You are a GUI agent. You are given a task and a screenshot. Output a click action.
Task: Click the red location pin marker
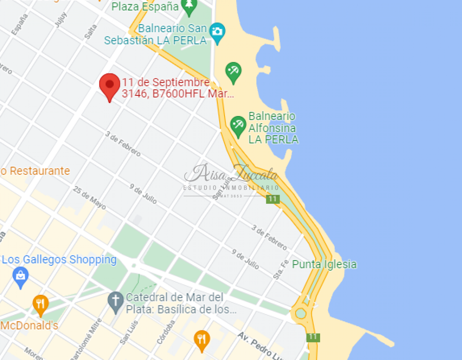(x=109, y=86)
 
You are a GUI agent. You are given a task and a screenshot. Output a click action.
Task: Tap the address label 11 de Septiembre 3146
(x=177, y=88)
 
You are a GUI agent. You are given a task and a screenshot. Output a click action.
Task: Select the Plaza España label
(x=145, y=6)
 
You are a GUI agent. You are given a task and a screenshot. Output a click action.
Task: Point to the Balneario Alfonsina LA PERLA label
(x=273, y=128)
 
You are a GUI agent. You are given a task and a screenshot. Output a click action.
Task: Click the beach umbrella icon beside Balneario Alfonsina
(x=238, y=125)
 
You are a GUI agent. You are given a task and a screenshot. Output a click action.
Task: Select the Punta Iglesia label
(x=324, y=264)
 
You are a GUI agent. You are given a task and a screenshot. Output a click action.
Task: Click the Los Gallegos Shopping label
(x=59, y=260)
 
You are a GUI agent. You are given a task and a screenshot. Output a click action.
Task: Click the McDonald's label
(x=29, y=326)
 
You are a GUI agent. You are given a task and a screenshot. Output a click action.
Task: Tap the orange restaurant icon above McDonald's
(x=40, y=304)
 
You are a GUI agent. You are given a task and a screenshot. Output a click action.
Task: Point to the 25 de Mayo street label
(x=90, y=198)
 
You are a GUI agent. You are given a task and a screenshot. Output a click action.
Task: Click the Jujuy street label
(x=61, y=20)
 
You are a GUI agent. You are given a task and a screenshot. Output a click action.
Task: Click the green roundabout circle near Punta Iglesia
(x=300, y=313)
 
